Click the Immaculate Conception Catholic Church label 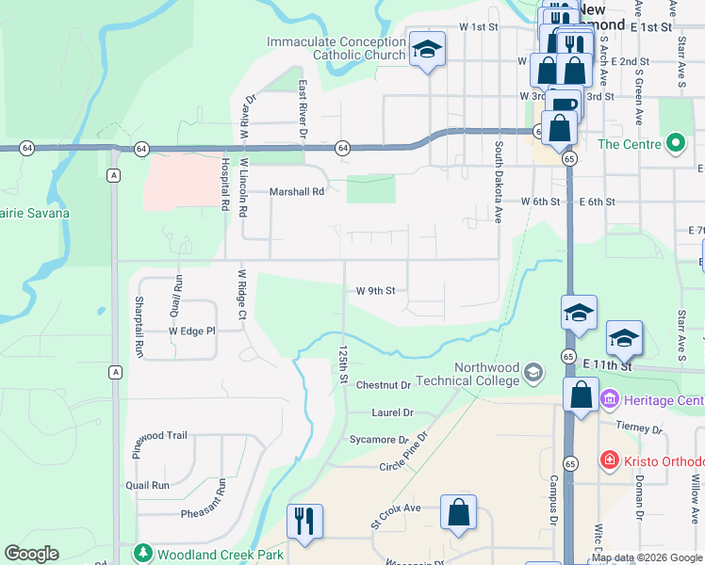pos(336,48)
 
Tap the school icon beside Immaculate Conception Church pos(427,49)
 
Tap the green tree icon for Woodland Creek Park pos(143,554)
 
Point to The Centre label pos(629,144)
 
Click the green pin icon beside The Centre pos(675,144)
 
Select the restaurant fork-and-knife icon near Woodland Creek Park pos(304,521)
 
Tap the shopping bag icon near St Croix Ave pos(458,512)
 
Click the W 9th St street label pos(375,291)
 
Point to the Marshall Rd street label pos(297,191)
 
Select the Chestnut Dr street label pos(384,385)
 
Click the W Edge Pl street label pos(192,331)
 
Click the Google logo pos(31,554)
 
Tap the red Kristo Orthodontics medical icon pos(611,461)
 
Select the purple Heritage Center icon pos(609,400)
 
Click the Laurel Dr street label pos(393,412)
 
